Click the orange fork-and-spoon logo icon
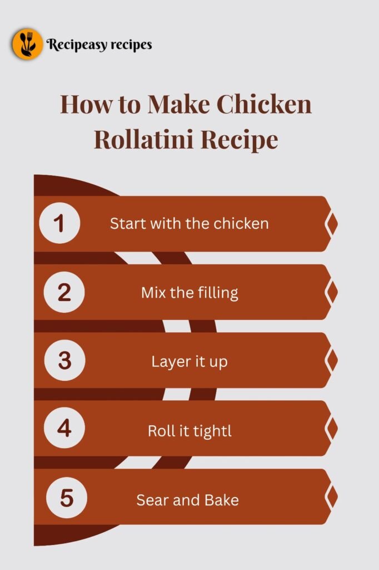(27, 44)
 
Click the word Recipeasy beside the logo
(74, 45)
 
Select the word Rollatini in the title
(143, 139)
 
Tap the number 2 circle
(64, 292)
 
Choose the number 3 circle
(64, 360)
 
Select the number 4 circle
(64, 429)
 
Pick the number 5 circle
(66, 497)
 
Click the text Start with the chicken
(189, 224)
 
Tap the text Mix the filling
(189, 292)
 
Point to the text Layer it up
(189, 361)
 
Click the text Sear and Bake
(188, 499)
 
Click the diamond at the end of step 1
(331, 224)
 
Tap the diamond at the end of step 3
(331, 360)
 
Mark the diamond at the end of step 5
(331, 497)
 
